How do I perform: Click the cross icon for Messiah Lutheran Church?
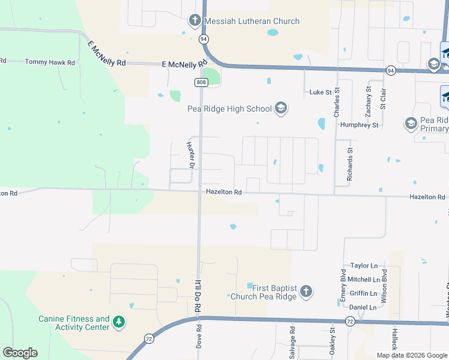(x=195, y=21)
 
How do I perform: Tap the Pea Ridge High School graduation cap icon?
(x=280, y=109)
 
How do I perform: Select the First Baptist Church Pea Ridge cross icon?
(x=306, y=292)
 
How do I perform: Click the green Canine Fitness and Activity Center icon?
(x=119, y=323)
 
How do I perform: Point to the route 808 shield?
(x=200, y=82)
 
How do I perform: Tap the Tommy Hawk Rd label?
(x=50, y=62)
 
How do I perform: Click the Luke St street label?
(x=321, y=92)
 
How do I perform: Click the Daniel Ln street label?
(x=363, y=307)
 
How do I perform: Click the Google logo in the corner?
(x=20, y=353)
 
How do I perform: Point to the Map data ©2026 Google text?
(x=412, y=355)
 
